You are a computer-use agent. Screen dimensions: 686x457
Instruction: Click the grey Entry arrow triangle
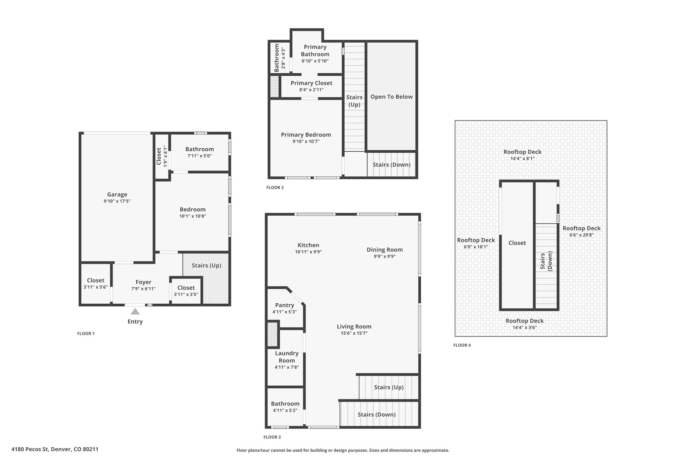(x=135, y=312)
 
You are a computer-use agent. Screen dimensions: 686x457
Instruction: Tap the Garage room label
(x=117, y=195)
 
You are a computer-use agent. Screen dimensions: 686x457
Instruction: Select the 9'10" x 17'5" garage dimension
(x=117, y=201)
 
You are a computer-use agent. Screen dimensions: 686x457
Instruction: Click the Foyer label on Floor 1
(x=143, y=282)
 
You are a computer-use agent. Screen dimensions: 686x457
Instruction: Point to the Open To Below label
(x=392, y=97)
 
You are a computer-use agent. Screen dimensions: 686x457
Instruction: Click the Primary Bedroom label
(x=306, y=135)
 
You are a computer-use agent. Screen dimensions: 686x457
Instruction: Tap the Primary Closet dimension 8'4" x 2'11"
(x=312, y=90)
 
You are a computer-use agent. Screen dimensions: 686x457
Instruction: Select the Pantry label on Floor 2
(x=285, y=305)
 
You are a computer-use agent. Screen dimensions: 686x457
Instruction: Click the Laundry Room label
(x=287, y=357)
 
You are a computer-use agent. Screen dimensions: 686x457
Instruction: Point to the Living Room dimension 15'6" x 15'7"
(x=354, y=333)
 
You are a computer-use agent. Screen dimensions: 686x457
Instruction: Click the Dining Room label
(x=385, y=250)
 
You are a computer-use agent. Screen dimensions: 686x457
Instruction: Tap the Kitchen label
(x=308, y=245)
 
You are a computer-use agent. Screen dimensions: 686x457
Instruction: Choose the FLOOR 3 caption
(x=275, y=187)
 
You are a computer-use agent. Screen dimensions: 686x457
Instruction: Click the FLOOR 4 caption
(x=462, y=345)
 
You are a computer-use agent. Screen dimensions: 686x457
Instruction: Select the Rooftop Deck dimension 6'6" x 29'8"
(x=581, y=235)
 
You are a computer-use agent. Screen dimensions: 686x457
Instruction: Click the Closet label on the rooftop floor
(x=517, y=243)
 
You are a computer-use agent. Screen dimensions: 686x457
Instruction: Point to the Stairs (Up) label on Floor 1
(x=207, y=265)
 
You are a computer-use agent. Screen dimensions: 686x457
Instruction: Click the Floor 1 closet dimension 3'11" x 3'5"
(x=186, y=295)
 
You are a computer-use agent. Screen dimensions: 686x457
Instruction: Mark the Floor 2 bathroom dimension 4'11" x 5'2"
(x=285, y=410)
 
